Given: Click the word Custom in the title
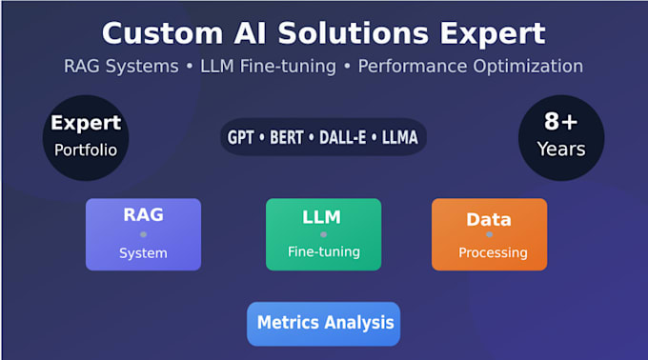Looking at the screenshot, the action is coord(162,33).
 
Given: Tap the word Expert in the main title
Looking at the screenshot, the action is coord(493,34).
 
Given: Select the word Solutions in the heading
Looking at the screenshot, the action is coord(354,33).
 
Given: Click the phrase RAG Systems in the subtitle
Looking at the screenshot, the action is coord(121,66).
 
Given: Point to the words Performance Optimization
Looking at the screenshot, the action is coord(471,66).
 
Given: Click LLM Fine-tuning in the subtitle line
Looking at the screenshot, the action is coord(268,66).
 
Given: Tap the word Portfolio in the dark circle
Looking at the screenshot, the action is coord(86,150).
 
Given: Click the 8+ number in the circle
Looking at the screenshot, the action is coord(560,121).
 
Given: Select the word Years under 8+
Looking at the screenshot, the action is coord(561,149).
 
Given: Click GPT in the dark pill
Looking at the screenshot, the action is coord(240,137).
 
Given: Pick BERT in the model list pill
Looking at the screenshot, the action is coord(287,137).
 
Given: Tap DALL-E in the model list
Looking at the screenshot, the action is coord(343,137).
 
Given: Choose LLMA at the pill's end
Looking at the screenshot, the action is coord(399,137).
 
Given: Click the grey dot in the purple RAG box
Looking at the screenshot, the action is coord(143,234).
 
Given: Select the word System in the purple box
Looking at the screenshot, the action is coord(143,253).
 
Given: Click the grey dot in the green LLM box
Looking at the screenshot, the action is coord(323,234).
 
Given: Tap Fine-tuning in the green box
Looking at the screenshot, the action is coord(324,251).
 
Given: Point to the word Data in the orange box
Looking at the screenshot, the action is coord(489,220).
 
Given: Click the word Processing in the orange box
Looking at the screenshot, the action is coord(493,252).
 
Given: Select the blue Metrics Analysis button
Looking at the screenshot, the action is coord(324,324).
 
